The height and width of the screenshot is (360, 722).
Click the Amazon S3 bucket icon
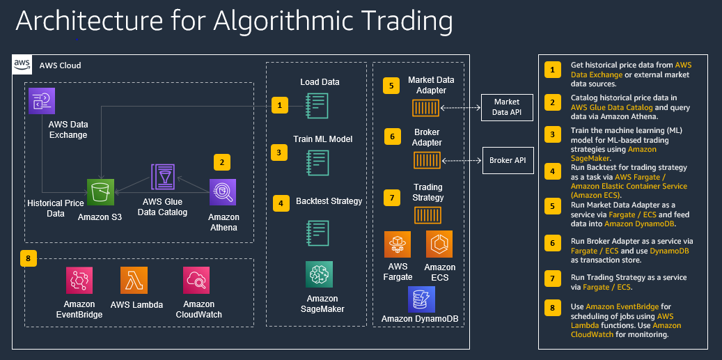pos(101,192)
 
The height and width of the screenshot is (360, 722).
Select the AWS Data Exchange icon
pos(42,101)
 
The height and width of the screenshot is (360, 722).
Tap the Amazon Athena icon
pos(223,192)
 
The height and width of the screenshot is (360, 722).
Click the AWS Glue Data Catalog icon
pos(164,178)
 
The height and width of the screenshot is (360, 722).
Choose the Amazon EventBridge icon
pos(79,280)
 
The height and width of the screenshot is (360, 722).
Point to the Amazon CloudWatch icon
pos(196,280)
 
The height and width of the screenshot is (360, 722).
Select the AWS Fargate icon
pos(398,244)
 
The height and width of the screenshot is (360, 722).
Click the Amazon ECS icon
pos(439,244)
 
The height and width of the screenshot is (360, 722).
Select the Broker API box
pos(506,160)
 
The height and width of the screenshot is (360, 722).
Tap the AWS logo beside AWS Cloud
pos(22,65)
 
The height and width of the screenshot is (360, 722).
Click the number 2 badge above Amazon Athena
pos(221,162)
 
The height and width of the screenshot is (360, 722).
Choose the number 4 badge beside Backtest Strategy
pos(279,203)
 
